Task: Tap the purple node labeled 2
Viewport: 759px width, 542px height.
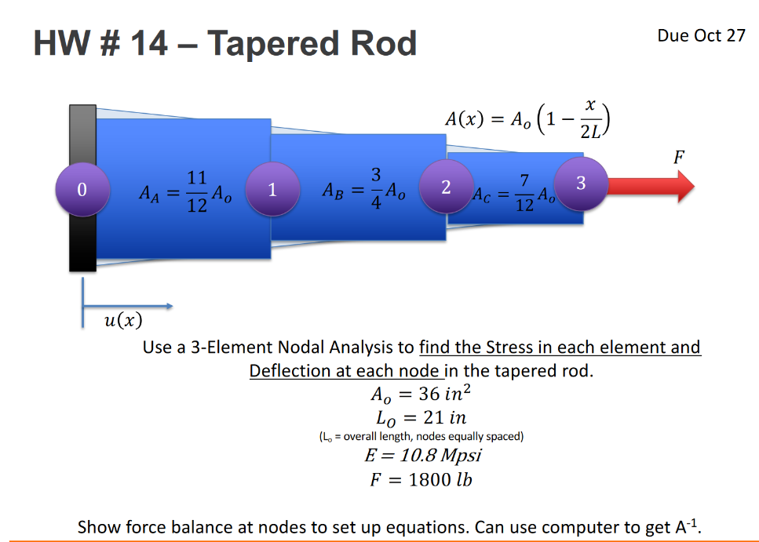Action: click(x=446, y=187)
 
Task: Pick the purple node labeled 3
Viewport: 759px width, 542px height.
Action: click(x=580, y=184)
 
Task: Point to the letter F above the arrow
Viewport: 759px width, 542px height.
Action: click(x=678, y=156)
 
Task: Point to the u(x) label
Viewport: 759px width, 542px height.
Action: click(x=123, y=320)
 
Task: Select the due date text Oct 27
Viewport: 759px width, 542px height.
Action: click(x=718, y=36)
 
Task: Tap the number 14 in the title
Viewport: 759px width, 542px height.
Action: click(x=148, y=43)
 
